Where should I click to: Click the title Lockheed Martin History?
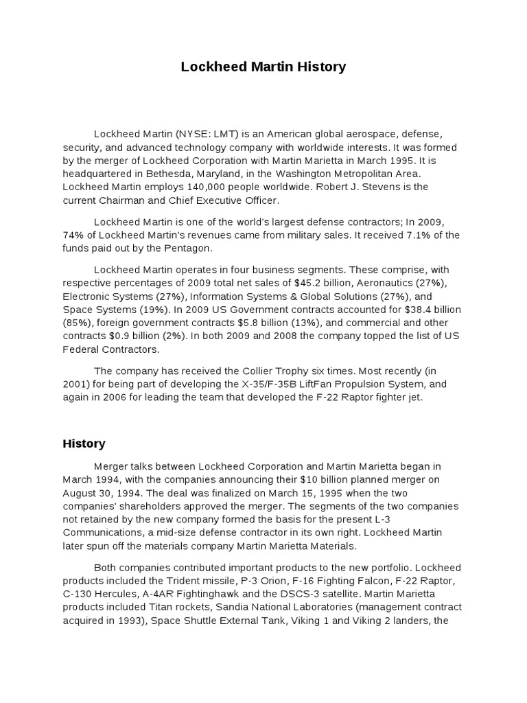pos(263,67)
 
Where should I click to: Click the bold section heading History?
pos(84,443)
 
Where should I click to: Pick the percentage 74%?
pos(74,235)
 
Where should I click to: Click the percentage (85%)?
pos(76,323)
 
